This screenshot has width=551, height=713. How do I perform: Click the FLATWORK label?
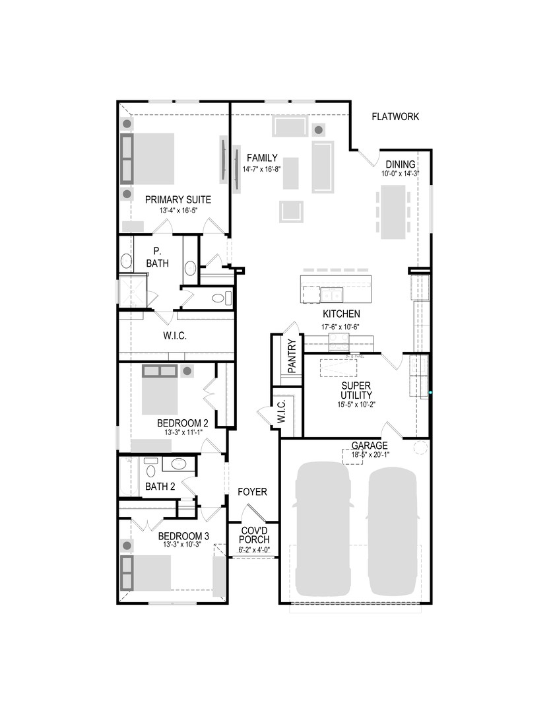click(395, 117)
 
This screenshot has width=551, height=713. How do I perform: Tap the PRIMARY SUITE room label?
click(178, 199)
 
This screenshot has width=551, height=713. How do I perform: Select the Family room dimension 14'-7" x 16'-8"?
click(262, 169)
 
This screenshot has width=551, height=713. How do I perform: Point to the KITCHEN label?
click(340, 314)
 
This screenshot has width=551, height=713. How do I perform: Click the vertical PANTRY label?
click(292, 356)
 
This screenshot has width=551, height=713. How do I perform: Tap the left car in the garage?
click(323, 528)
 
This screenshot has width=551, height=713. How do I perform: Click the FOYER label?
click(252, 492)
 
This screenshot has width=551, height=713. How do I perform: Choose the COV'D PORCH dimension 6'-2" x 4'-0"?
click(253, 550)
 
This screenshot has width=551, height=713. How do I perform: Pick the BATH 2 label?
click(160, 487)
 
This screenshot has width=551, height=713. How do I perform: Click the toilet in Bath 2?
click(150, 469)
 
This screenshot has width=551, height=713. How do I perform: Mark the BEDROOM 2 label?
click(183, 423)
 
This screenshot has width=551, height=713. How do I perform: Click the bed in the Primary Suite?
click(151, 158)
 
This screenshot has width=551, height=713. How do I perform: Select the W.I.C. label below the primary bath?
click(175, 336)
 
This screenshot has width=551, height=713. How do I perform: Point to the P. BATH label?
click(157, 257)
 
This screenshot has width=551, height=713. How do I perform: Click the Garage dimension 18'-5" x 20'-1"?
click(369, 454)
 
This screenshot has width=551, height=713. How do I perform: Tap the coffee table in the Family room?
click(290, 173)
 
